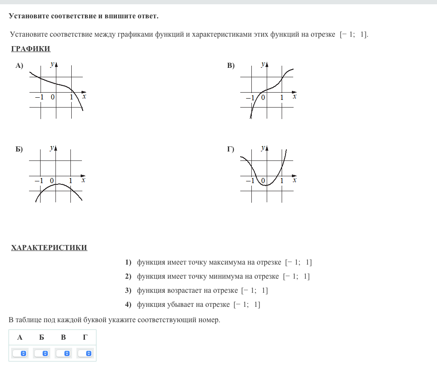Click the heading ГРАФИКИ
click(31, 49)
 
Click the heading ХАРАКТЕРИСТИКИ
click(49, 248)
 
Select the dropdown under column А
click(20, 353)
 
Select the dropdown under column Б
click(41, 353)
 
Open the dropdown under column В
click(64, 353)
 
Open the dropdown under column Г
click(85, 353)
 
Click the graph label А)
click(19, 66)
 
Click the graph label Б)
click(19, 149)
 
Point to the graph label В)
click(231, 66)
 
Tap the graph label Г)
click(231, 149)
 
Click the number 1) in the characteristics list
click(128, 262)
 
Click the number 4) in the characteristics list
click(128, 305)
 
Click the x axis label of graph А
click(84, 97)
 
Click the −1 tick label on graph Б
click(39, 181)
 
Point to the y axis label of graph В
click(263, 64)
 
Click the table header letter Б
click(41, 338)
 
